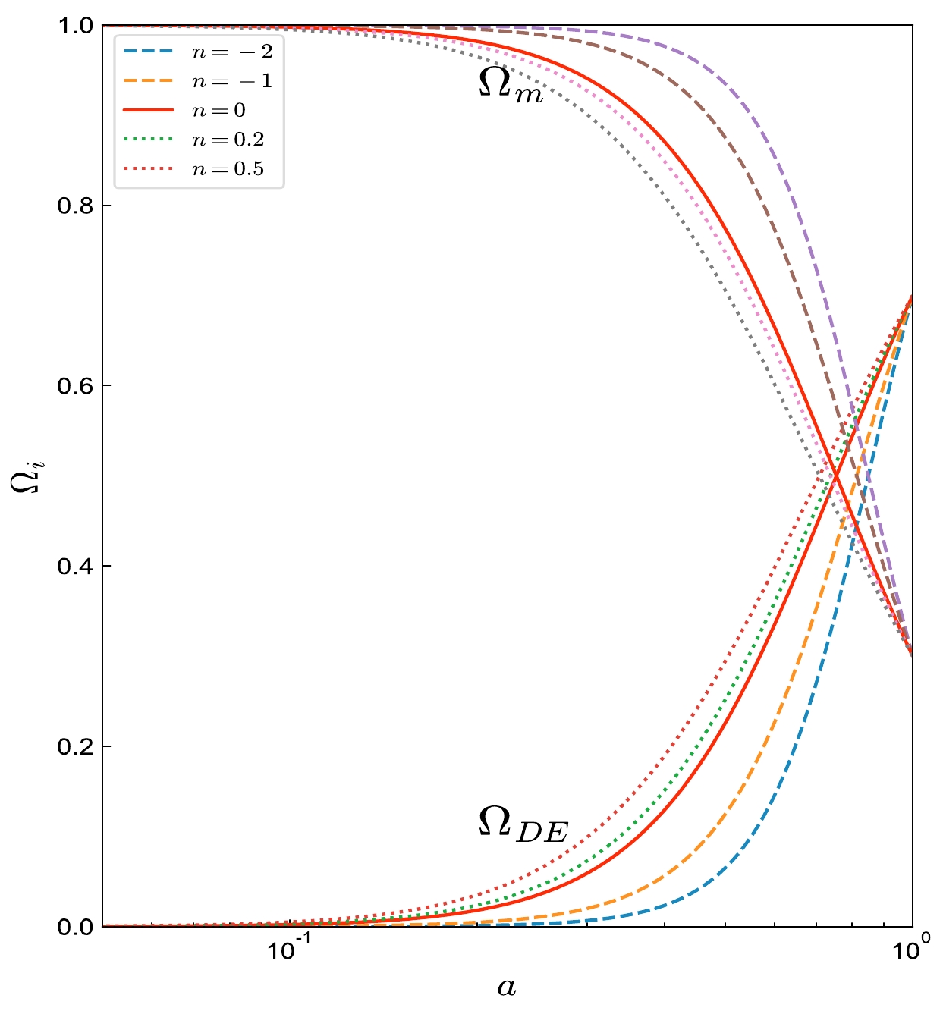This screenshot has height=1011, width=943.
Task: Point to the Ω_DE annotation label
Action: point(523,824)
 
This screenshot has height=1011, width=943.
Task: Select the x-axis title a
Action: point(507,987)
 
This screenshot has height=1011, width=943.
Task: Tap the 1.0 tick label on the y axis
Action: point(75,26)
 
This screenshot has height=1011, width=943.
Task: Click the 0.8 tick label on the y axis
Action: point(75,206)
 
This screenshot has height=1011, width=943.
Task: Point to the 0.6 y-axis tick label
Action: point(75,386)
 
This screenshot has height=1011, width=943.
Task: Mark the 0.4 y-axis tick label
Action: point(75,567)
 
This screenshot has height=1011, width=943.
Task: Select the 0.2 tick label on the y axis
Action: point(75,746)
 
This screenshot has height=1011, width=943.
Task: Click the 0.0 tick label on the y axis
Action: point(75,927)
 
